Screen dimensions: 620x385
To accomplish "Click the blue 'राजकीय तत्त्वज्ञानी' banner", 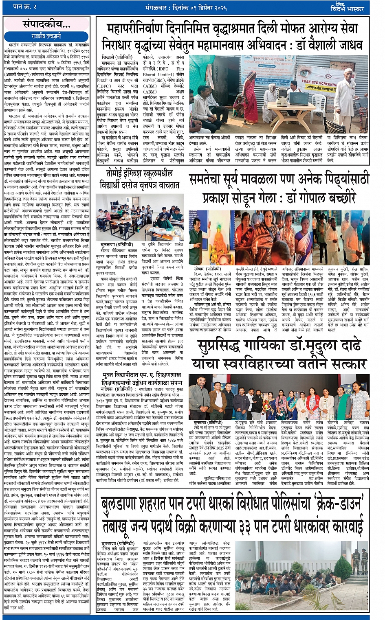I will tap(47, 36).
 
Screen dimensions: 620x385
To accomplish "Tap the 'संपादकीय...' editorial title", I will tap(46, 24).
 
